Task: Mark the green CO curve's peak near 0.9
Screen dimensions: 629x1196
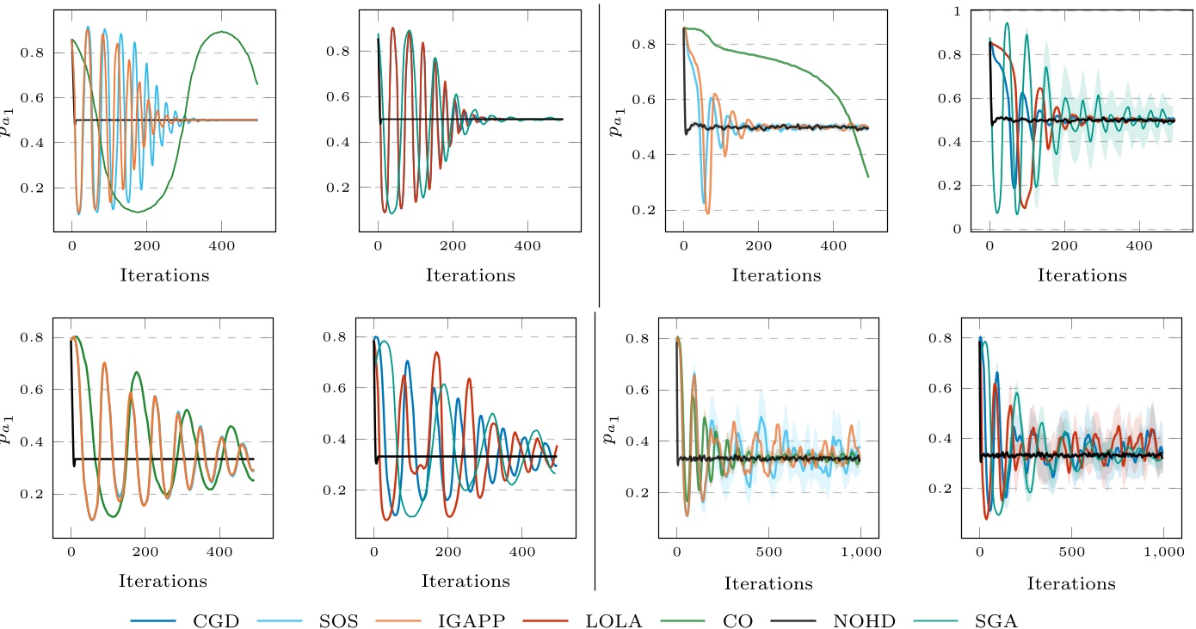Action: pyautogui.click(x=222, y=32)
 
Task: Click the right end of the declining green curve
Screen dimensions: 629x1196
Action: pyautogui.click(x=868, y=177)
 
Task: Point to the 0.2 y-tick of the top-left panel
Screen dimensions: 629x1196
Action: pyautogui.click(x=37, y=188)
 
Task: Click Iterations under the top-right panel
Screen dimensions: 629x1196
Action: pyautogui.click(x=1082, y=275)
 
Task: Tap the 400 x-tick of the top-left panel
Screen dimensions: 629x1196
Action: pyautogui.click(x=222, y=246)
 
